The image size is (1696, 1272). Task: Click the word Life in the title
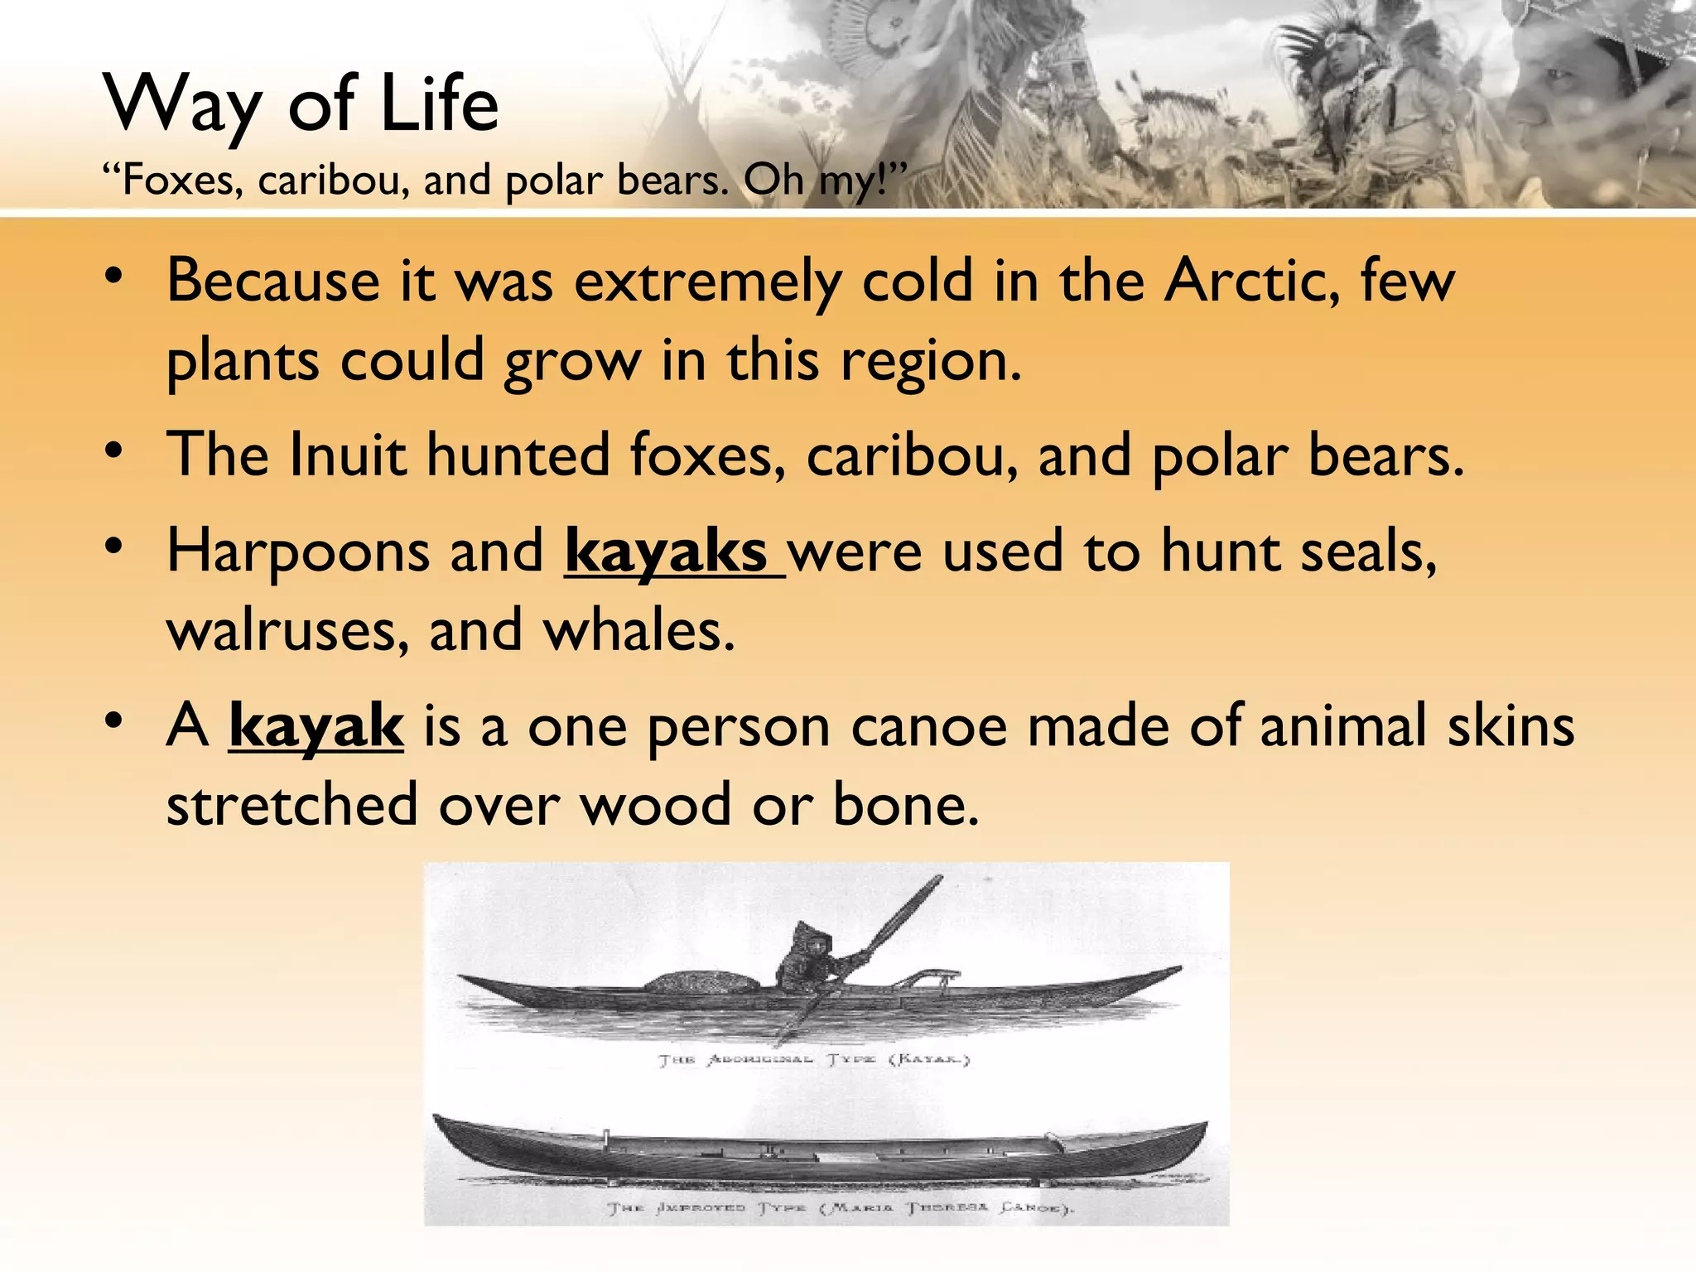439,104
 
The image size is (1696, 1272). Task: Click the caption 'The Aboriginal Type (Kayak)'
813,1060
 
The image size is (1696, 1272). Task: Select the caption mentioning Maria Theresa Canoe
841,1208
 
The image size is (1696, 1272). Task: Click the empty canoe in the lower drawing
820,1147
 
